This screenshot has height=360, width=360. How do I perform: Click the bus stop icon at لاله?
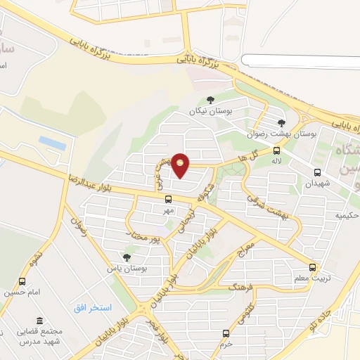276,150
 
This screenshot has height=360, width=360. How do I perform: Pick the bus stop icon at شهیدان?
318,172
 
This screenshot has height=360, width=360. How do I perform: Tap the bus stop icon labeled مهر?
167,200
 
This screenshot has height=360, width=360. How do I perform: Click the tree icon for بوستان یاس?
127,258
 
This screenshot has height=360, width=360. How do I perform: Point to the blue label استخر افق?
94,308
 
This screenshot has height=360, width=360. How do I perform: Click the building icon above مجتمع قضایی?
39,320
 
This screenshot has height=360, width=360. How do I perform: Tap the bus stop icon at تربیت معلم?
313,268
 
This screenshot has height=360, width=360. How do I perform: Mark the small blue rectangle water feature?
53,143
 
